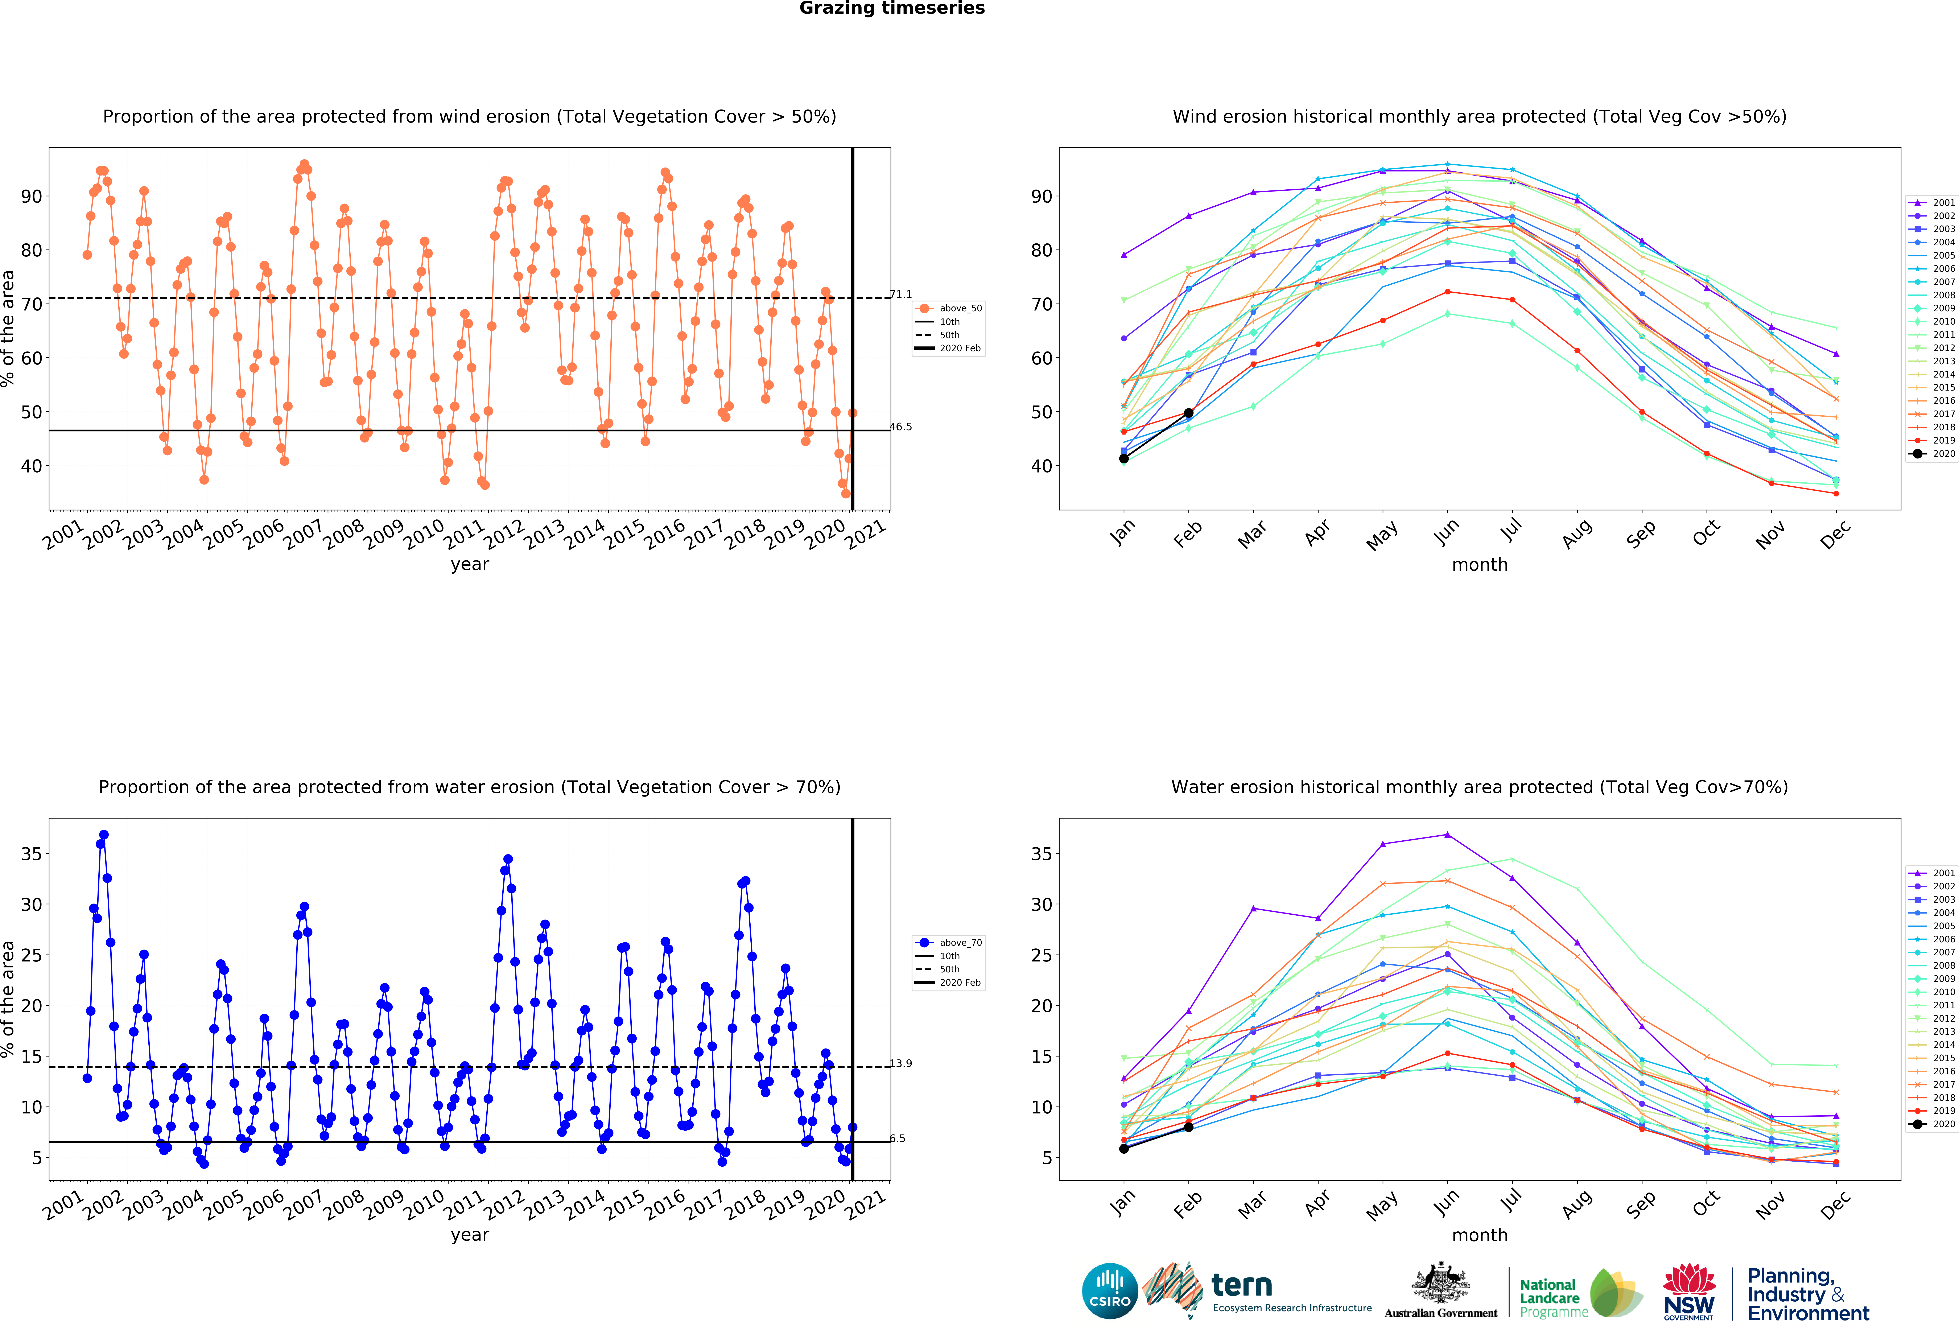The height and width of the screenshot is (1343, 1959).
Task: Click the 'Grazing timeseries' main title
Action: [892, 8]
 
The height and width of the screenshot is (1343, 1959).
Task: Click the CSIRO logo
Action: [1109, 1291]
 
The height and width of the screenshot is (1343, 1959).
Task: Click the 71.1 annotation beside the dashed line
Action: [901, 294]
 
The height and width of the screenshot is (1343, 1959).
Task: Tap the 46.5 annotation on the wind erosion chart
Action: [901, 427]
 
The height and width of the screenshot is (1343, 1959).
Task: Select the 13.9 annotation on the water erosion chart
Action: [901, 1063]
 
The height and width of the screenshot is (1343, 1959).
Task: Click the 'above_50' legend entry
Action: [960, 309]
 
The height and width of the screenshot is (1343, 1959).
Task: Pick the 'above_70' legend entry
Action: [960, 943]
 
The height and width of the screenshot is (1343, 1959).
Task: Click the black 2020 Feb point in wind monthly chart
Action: [1189, 413]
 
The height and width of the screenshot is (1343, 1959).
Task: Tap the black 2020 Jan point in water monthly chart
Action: [1124, 1148]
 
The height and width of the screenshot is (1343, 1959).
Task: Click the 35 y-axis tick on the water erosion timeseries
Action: [31, 854]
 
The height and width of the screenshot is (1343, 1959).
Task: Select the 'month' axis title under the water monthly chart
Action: [1479, 1235]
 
